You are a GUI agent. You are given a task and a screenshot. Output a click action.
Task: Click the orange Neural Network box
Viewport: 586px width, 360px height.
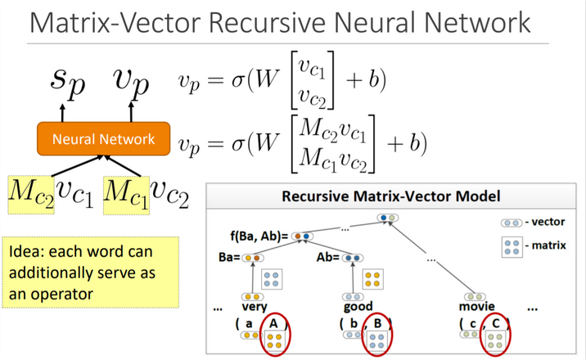(103, 138)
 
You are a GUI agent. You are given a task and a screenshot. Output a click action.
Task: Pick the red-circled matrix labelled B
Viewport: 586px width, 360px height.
(377, 336)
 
